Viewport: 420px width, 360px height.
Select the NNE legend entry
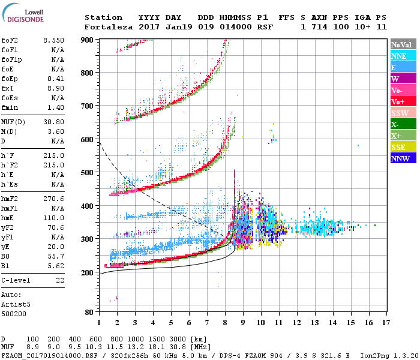[398, 56]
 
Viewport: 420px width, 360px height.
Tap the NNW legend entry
[400, 158]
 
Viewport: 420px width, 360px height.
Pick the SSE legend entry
[398, 147]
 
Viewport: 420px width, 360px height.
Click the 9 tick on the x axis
[242, 322]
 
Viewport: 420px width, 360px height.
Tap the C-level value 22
[60, 280]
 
